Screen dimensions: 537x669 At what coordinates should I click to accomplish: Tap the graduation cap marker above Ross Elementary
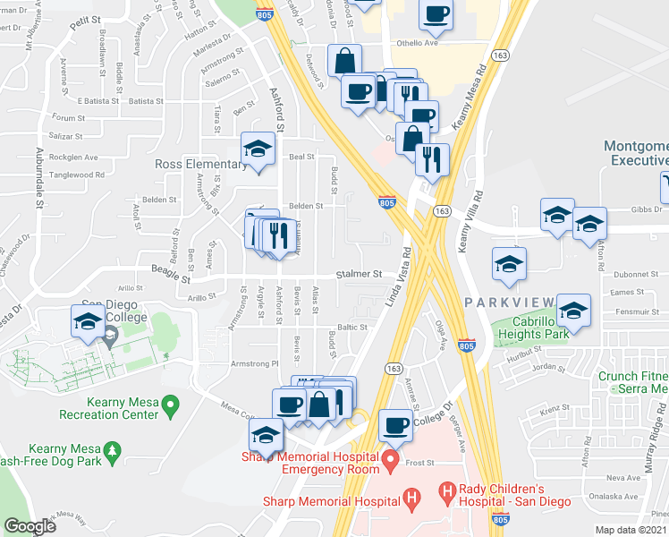click(x=258, y=149)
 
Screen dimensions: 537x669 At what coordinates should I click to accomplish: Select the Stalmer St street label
click(x=359, y=274)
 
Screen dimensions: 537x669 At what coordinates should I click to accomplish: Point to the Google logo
click(x=30, y=526)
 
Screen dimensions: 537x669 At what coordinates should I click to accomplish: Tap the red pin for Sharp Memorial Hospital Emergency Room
click(x=390, y=462)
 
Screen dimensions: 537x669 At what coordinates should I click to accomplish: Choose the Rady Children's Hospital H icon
click(x=448, y=493)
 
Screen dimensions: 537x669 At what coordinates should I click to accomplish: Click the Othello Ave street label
click(x=417, y=43)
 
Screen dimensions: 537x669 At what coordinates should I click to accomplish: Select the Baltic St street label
click(x=352, y=328)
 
